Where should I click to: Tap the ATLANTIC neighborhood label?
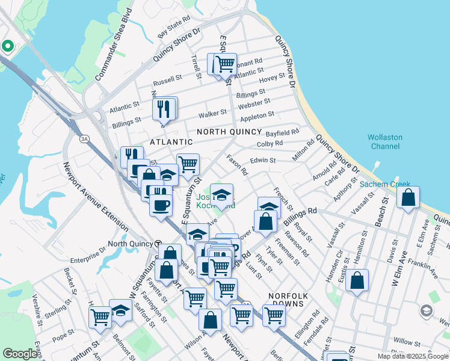(x=171, y=142)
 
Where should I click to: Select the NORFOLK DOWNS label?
(x=288, y=301)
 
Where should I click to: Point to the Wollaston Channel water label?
(x=385, y=142)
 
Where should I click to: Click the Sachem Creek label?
(x=385, y=184)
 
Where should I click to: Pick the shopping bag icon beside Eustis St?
(x=357, y=281)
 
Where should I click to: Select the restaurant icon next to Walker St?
(x=164, y=110)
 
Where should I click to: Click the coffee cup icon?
(x=161, y=205)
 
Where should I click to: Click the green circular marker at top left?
(x=8, y=46)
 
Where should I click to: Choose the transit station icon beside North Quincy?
(x=158, y=244)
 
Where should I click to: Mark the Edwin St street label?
(x=262, y=161)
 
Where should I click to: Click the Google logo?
(x=20, y=354)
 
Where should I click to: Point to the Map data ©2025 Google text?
(x=412, y=356)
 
